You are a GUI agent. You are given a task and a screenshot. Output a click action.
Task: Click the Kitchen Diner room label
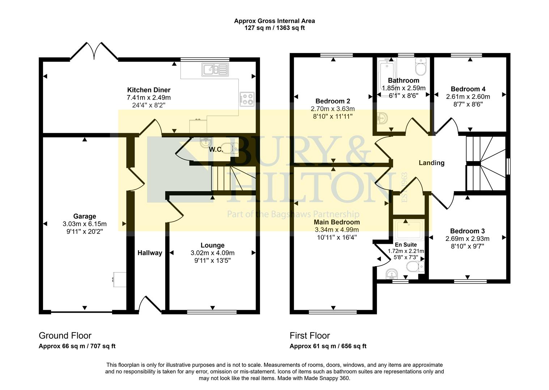tap(149, 90)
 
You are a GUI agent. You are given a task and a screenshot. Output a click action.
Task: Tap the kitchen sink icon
tap(215, 69)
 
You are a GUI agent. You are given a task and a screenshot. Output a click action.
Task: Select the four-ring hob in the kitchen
tap(247, 99)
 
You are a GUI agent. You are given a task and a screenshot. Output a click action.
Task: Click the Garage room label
tap(85, 216)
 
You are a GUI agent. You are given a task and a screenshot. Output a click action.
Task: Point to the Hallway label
tap(150, 253)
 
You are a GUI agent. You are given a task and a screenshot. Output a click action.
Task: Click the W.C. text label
tap(216, 149)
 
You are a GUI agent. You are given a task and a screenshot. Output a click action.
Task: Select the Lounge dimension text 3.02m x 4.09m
tap(212, 253)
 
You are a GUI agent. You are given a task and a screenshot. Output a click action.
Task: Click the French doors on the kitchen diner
tap(94, 52)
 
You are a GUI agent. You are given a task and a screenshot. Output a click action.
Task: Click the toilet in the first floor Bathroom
tap(421, 67)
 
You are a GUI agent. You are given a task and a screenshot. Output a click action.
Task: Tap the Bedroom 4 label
tap(468, 89)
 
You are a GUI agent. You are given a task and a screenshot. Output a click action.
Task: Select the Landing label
tap(431, 163)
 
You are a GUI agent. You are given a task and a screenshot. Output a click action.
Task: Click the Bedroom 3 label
tap(467, 231)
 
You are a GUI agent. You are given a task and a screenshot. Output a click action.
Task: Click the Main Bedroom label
tap(337, 222)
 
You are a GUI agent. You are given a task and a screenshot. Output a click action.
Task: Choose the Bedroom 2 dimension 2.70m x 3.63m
tap(333, 109)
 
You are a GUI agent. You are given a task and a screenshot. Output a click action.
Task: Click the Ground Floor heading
tap(65, 335)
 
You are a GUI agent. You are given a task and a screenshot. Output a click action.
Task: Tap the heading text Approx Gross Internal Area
tap(274, 21)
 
